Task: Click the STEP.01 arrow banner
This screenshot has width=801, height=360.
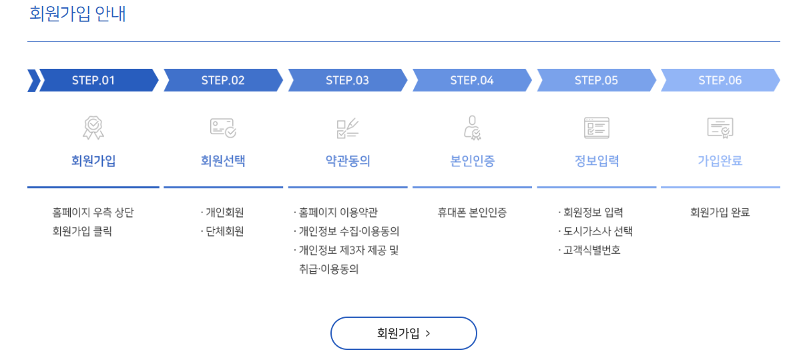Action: [x=93, y=80]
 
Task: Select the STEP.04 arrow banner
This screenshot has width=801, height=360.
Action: [x=472, y=80]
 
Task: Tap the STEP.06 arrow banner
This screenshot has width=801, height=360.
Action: [x=720, y=80]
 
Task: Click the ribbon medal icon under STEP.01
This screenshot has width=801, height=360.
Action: [x=93, y=127]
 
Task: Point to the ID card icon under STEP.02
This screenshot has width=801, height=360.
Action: [x=223, y=127]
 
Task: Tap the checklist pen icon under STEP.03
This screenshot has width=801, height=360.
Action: [x=348, y=127]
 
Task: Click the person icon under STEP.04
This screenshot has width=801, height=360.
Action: [x=473, y=127]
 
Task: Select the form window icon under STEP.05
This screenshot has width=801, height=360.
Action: [x=597, y=127]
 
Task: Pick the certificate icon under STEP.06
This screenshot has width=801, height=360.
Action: [x=720, y=127]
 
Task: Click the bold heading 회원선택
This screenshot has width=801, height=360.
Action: [x=223, y=161]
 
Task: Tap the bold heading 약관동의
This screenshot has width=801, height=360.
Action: [x=348, y=161]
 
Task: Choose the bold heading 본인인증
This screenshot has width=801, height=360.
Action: [x=473, y=161]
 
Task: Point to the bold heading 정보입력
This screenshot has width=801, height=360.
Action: [x=597, y=161]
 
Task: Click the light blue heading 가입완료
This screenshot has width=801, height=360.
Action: [x=720, y=161]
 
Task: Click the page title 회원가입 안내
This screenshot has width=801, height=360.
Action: [x=78, y=14]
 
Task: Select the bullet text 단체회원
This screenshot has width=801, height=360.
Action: [x=225, y=232]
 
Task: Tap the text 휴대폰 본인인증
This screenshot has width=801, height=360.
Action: [x=472, y=212]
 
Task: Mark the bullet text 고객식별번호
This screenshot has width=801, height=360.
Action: [x=592, y=250]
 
